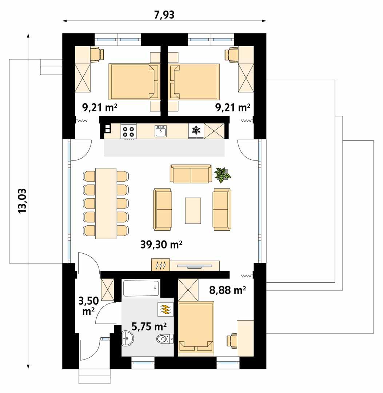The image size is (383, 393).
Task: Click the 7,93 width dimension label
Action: tap(164, 15)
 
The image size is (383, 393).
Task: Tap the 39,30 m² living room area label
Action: tap(161, 245)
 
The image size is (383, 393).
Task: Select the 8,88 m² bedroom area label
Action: tap(228, 290)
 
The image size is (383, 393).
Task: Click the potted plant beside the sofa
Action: tap(223, 174)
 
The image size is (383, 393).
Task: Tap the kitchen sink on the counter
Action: tap(161, 131)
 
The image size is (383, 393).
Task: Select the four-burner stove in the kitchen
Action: tap(129, 131)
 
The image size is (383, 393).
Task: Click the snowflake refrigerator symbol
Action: tap(196, 130)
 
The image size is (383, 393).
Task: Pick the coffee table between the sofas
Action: tap(193, 210)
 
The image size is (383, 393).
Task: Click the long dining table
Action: tap(106, 203)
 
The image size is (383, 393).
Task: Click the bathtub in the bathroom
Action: tap(141, 288)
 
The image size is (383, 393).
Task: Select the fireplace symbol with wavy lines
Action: tap(160, 265)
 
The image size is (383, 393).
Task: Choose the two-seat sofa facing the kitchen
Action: tap(191, 174)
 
